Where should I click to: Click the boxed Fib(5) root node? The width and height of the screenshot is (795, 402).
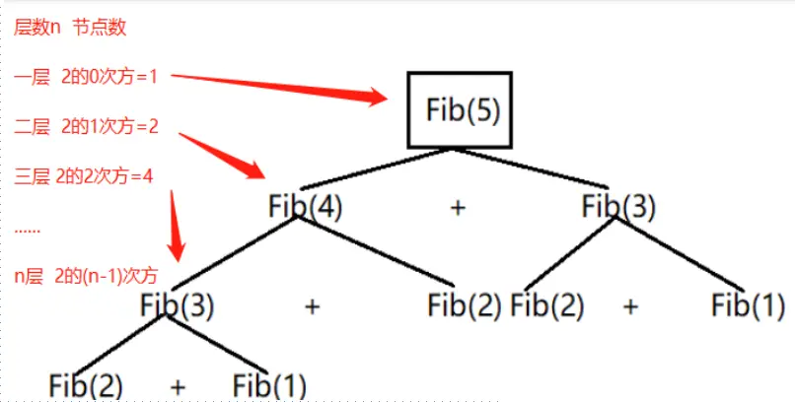coord(461,109)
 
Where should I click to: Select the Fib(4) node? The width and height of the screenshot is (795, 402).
coord(305,207)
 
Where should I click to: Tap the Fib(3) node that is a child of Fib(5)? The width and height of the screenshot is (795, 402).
coord(618,207)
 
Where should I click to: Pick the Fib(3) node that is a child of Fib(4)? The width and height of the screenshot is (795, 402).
coord(178,305)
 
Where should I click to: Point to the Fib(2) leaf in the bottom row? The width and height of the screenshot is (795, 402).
coord(86,385)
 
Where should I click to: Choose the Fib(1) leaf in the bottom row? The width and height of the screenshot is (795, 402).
coord(269,385)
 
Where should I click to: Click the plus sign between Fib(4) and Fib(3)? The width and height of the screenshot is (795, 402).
coord(457,208)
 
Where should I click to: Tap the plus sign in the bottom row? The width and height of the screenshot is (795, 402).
coord(179,385)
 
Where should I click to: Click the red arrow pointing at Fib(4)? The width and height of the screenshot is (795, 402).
coord(222,152)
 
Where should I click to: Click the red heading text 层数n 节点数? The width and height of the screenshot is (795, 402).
coord(70,28)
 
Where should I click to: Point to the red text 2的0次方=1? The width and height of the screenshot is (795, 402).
coord(108,76)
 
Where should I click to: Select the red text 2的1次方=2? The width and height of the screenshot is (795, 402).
coord(109,126)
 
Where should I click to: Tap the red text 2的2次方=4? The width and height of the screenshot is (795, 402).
coord(106,177)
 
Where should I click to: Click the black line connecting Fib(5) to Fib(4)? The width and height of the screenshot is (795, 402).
coord(376,169)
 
